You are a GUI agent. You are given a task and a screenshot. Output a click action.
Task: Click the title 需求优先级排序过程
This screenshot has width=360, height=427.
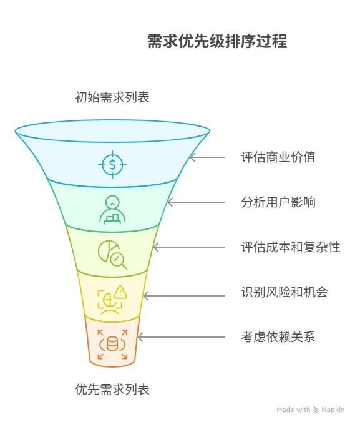(217, 41)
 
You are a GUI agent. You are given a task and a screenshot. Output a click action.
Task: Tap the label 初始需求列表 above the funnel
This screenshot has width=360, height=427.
(112, 97)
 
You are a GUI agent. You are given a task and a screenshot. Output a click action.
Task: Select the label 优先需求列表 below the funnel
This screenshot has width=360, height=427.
(112, 390)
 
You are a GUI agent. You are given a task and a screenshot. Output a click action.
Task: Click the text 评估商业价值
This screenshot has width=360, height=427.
(278, 157)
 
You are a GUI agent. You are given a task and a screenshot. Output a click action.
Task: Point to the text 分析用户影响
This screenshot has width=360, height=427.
(278, 202)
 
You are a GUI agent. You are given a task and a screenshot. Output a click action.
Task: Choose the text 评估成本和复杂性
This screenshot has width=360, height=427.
(291, 247)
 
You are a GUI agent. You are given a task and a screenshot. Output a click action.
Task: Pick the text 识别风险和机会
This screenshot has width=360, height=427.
(285, 292)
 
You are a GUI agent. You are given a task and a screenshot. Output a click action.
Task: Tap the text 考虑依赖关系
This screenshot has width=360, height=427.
(278, 337)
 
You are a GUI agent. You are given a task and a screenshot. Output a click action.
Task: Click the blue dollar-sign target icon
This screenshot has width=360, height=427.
(112, 164)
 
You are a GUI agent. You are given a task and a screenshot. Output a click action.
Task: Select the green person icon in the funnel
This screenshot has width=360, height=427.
(112, 210)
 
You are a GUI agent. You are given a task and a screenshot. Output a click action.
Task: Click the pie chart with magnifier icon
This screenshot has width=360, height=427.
(112, 253)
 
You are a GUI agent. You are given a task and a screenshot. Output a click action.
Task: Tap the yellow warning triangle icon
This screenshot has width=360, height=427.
(120, 291)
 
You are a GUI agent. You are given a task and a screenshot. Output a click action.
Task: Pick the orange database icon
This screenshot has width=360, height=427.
(112, 344)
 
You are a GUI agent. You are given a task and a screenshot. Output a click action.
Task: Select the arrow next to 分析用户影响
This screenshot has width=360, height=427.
(196, 202)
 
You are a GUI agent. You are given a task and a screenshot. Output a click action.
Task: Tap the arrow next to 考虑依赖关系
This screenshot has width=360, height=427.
(181, 337)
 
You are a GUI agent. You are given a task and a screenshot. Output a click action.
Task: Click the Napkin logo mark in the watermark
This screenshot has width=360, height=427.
(316, 410)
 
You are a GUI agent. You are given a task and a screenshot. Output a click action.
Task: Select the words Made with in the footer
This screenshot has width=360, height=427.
(293, 410)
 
